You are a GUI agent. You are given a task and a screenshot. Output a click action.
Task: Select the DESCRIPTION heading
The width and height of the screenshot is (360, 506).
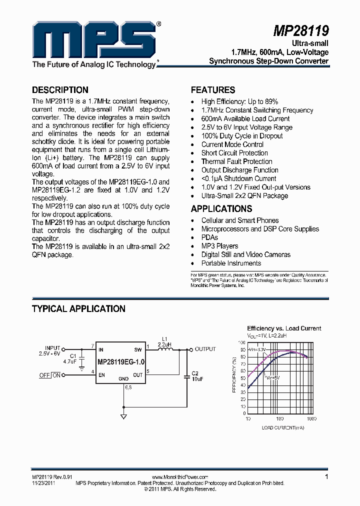60,90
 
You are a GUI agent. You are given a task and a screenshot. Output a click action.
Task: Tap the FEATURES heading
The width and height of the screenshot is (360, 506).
213,90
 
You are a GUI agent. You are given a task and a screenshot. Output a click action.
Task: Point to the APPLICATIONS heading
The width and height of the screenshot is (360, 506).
221,208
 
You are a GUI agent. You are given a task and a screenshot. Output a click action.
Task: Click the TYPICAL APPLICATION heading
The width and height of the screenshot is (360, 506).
78,308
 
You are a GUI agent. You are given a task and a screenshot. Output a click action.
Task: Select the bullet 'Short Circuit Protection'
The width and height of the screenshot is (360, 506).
234,153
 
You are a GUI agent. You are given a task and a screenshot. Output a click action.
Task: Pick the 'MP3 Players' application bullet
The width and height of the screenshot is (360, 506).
219,246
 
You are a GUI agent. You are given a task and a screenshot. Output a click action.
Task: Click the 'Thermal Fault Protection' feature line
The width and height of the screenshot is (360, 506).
236,161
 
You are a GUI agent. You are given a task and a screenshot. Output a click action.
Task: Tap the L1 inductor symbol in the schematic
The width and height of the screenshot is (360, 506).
165,349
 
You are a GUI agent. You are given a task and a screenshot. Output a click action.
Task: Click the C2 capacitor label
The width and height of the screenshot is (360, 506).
195,373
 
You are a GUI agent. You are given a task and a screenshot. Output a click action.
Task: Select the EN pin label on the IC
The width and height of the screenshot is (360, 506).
101,374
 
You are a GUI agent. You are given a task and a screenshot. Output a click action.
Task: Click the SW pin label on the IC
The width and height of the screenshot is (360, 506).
138,349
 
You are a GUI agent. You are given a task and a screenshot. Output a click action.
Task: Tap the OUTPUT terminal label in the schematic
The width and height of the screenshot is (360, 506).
205,349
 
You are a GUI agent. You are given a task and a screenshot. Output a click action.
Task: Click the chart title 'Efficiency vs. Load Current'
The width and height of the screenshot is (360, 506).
284,328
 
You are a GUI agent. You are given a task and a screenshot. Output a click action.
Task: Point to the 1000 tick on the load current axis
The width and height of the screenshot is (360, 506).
311,418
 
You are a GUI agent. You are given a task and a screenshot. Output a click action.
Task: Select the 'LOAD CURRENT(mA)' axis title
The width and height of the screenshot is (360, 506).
282,428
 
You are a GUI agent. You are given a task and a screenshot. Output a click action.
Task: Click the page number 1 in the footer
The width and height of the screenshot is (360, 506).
326,477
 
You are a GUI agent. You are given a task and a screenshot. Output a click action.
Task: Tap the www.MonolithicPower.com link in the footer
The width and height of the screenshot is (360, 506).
179,477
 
